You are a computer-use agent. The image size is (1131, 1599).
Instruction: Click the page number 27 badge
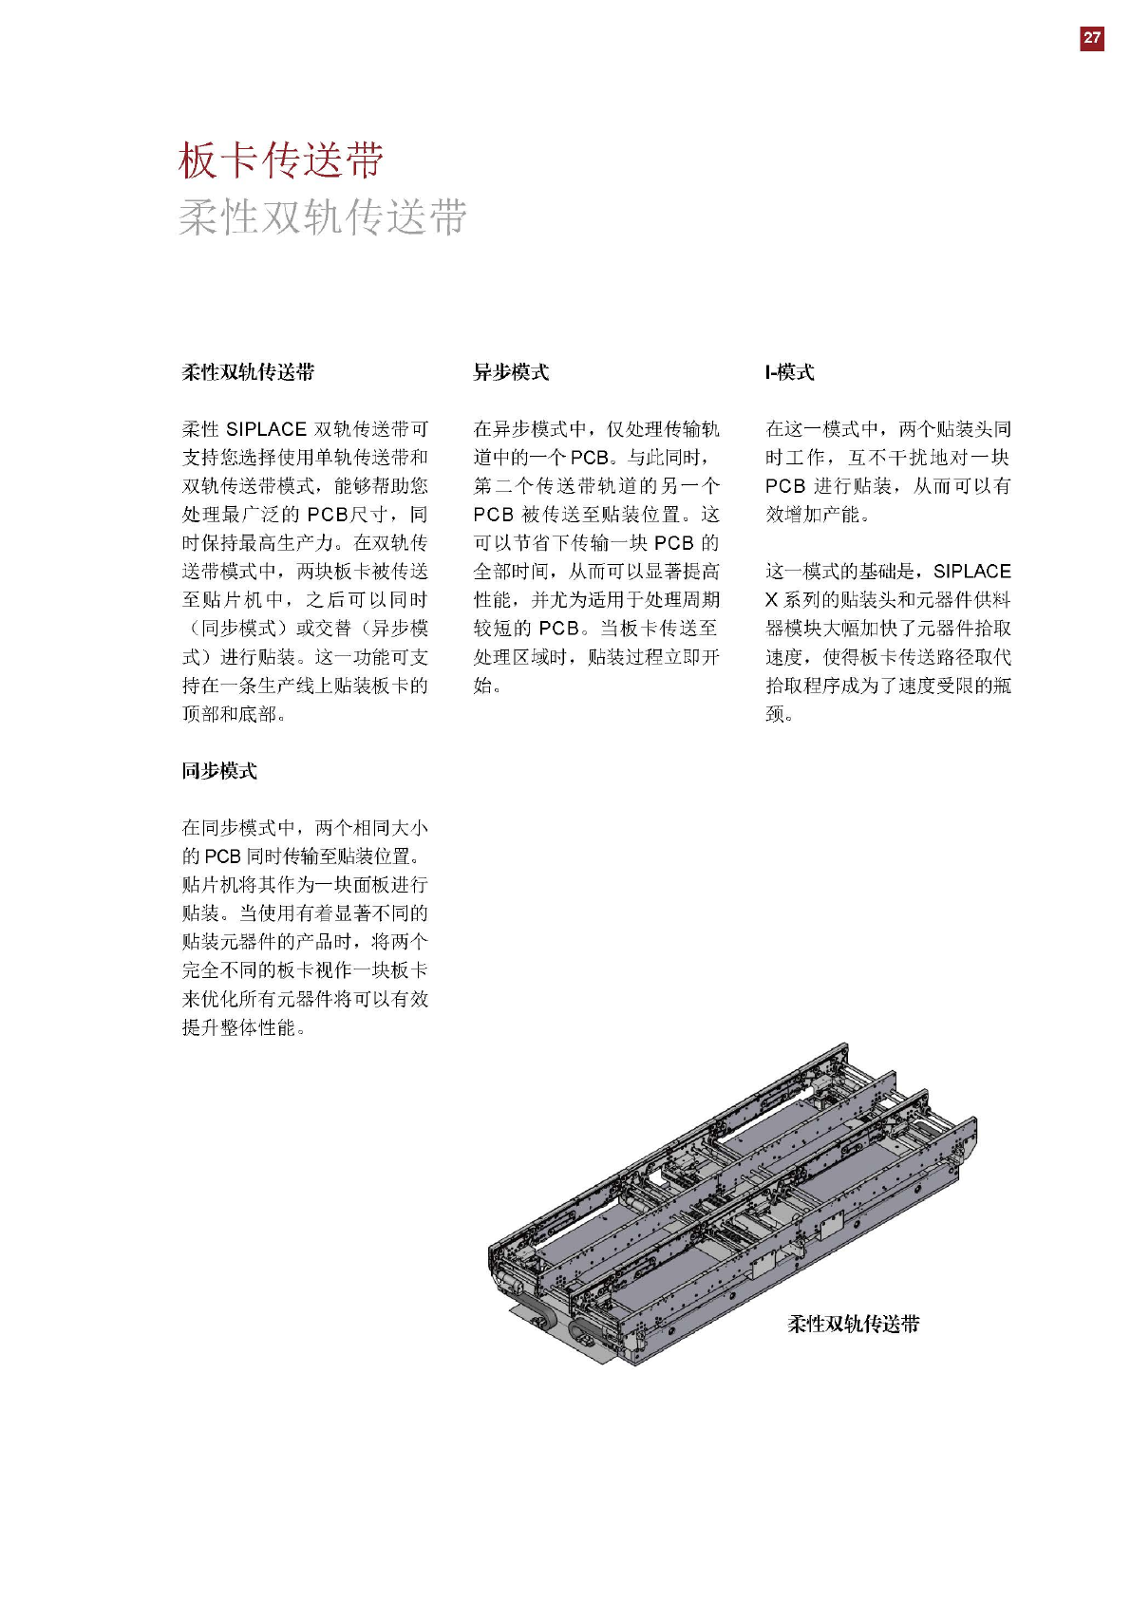pyautogui.click(x=1092, y=38)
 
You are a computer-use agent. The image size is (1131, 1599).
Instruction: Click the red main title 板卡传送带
pyautogui.click(x=281, y=160)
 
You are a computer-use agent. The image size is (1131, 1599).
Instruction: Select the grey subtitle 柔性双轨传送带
pyautogui.click(x=322, y=217)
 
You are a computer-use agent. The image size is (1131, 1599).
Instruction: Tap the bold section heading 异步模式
pyautogui.click(x=511, y=372)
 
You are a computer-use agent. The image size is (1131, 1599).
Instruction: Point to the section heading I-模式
pyautogui.click(x=789, y=372)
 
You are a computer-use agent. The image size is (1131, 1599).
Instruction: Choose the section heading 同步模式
pyautogui.click(x=219, y=771)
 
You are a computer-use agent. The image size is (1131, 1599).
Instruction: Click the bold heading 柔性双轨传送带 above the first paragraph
pyautogui.click(x=248, y=372)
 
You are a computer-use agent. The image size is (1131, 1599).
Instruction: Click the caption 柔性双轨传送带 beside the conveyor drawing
pyautogui.click(x=853, y=1324)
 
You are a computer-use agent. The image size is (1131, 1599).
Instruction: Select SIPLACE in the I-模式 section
pyautogui.click(x=971, y=572)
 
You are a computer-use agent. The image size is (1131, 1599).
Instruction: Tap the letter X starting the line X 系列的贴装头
pyautogui.click(x=771, y=600)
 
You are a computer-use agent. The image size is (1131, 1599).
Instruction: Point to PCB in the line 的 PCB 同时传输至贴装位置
pyautogui.click(x=222, y=856)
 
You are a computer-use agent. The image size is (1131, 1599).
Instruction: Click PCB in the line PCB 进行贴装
pyautogui.click(x=785, y=486)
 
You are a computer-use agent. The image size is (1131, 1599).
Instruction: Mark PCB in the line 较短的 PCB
pyautogui.click(x=558, y=629)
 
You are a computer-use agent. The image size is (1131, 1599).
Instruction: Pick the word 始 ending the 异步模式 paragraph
pyautogui.click(x=482, y=686)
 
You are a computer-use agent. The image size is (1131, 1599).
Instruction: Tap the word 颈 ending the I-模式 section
pyautogui.click(x=775, y=714)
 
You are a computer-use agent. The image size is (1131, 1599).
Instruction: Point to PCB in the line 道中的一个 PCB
pyautogui.click(x=590, y=458)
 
